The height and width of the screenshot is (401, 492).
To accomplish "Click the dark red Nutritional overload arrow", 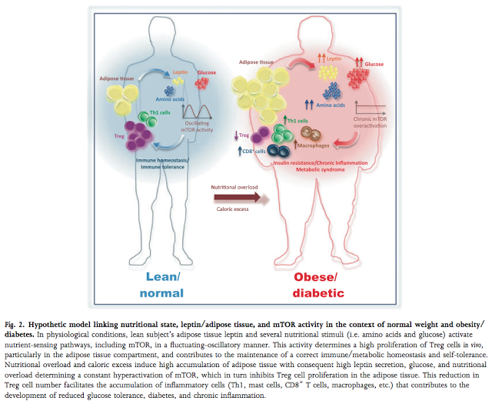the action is tap(238, 198).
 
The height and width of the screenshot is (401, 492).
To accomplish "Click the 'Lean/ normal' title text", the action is tap(161, 285).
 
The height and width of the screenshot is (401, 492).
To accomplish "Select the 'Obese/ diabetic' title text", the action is tap(318, 285).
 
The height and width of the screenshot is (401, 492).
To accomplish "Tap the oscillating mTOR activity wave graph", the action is tap(197, 112).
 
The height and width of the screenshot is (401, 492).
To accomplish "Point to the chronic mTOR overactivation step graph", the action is tap(371, 108).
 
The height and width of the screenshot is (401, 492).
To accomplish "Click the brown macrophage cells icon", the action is tap(311, 134).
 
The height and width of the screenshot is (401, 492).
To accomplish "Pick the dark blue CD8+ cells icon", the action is tap(278, 151).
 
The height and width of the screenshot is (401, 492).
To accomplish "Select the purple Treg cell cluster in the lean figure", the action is tap(138, 135).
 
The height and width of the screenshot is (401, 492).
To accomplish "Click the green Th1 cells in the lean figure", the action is tap(148, 119).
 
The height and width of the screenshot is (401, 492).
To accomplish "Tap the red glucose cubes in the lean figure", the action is tap(201, 83).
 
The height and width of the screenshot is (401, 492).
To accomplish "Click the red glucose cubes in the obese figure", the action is tap(358, 77).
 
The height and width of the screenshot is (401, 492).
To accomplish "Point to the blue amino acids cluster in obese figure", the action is tap(332, 91).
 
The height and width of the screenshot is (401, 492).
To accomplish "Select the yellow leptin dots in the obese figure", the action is tap(328, 72).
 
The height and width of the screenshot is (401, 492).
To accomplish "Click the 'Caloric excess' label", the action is tap(232, 209).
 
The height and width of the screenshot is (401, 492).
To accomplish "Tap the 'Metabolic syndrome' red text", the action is tap(321, 169).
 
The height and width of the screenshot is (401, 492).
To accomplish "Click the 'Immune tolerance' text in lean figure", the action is tap(162, 167).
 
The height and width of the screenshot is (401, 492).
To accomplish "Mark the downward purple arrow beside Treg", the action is tap(236, 135).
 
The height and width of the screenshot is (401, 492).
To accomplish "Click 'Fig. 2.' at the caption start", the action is tap(15, 325).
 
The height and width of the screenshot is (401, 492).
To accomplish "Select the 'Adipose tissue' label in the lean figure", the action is tap(116, 79).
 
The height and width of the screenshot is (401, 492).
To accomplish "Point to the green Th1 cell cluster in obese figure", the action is tap(282, 134).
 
